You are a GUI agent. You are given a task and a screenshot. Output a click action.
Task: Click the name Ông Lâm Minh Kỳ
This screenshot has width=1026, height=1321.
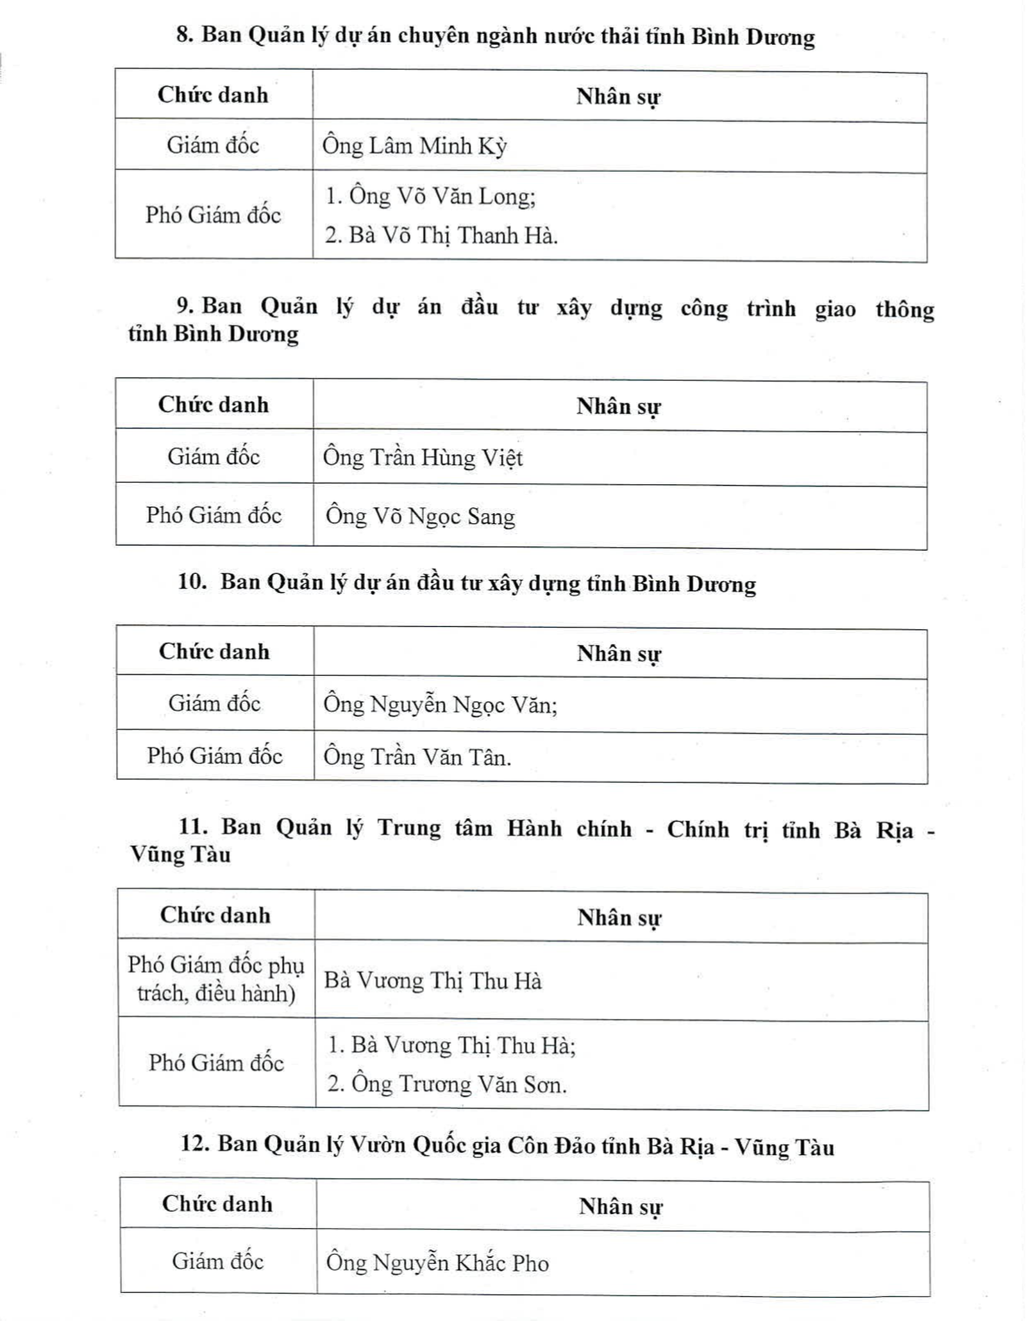414,146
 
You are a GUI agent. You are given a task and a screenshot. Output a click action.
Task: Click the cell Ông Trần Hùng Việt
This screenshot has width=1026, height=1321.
423,458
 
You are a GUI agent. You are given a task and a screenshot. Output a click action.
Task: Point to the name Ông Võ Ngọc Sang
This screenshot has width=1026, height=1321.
420,517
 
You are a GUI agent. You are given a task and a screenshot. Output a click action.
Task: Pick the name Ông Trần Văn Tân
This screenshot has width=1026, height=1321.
416,757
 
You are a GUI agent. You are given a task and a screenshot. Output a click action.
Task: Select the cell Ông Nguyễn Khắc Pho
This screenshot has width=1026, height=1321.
437,1263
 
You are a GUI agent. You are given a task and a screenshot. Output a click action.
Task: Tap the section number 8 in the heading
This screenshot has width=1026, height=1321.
185,35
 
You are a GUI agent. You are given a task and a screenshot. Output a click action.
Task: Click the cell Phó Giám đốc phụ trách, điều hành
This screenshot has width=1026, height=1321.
216,979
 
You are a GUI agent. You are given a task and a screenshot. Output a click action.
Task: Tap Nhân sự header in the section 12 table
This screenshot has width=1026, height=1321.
620,1206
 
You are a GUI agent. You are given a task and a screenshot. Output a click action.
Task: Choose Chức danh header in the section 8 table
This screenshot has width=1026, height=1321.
213,95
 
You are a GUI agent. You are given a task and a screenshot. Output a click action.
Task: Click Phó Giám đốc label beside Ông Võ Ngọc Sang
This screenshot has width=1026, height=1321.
214,515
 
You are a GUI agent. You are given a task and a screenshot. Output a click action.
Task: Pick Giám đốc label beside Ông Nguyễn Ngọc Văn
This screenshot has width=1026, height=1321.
214,703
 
